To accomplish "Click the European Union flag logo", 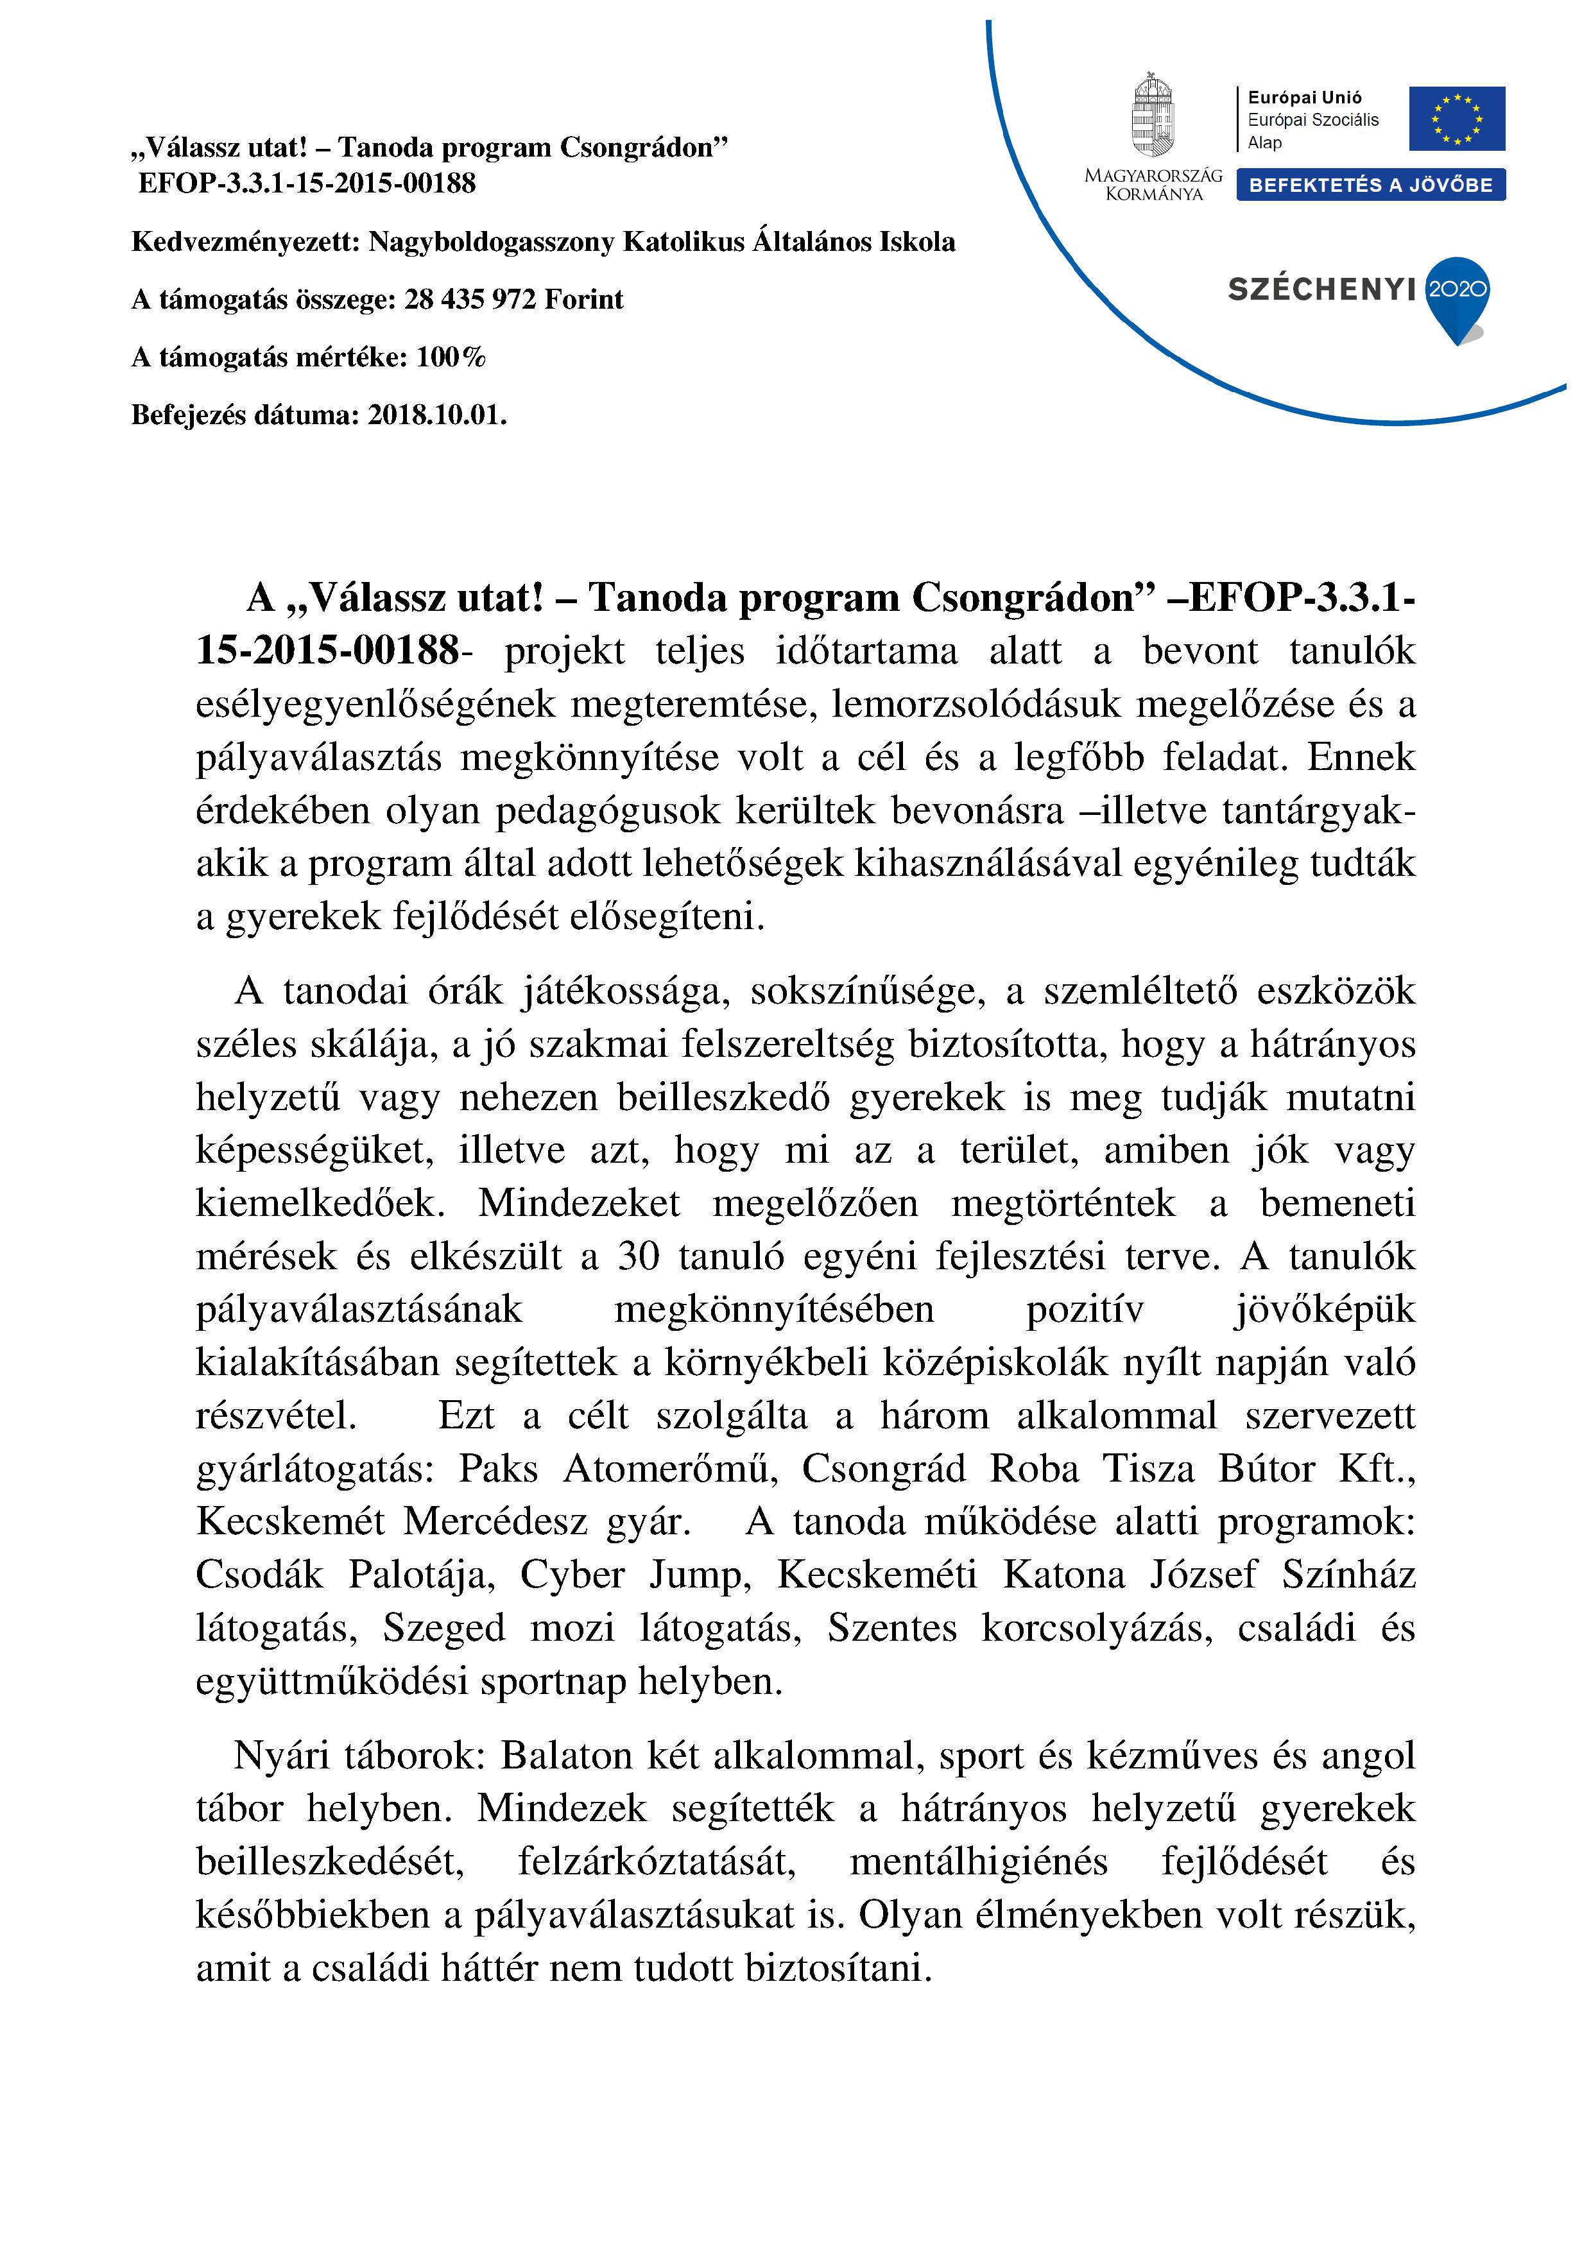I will point(1457,119).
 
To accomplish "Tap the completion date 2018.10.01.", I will point(437,415).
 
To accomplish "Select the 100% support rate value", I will point(451,357).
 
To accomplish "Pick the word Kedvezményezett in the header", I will point(245,242).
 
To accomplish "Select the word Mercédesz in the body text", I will point(495,1521).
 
